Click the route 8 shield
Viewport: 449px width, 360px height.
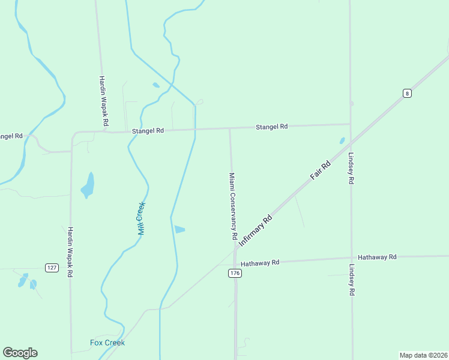pyautogui.click(x=407, y=93)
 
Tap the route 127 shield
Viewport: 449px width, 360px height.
pyautogui.click(x=52, y=267)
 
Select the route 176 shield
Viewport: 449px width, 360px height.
pyautogui.click(x=235, y=273)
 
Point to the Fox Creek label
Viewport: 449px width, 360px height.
pyautogui.click(x=107, y=343)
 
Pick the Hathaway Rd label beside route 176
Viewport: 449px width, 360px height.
pyautogui.click(x=260, y=263)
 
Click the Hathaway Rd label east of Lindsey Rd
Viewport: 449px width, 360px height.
pyautogui.click(x=377, y=257)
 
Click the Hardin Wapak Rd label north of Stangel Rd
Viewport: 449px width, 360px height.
pyautogui.click(x=103, y=100)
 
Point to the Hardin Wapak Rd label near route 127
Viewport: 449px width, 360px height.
pyautogui.click(x=70, y=251)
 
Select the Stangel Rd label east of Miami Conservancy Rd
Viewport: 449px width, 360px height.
pyautogui.click(x=272, y=127)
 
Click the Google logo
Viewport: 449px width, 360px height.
pyautogui.click(x=20, y=353)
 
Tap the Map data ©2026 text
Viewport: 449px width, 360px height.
pyautogui.click(x=423, y=355)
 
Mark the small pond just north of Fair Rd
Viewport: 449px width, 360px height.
pyautogui.click(x=342, y=141)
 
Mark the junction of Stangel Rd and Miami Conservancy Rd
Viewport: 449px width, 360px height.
pyautogui.click(x=230, y=128)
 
